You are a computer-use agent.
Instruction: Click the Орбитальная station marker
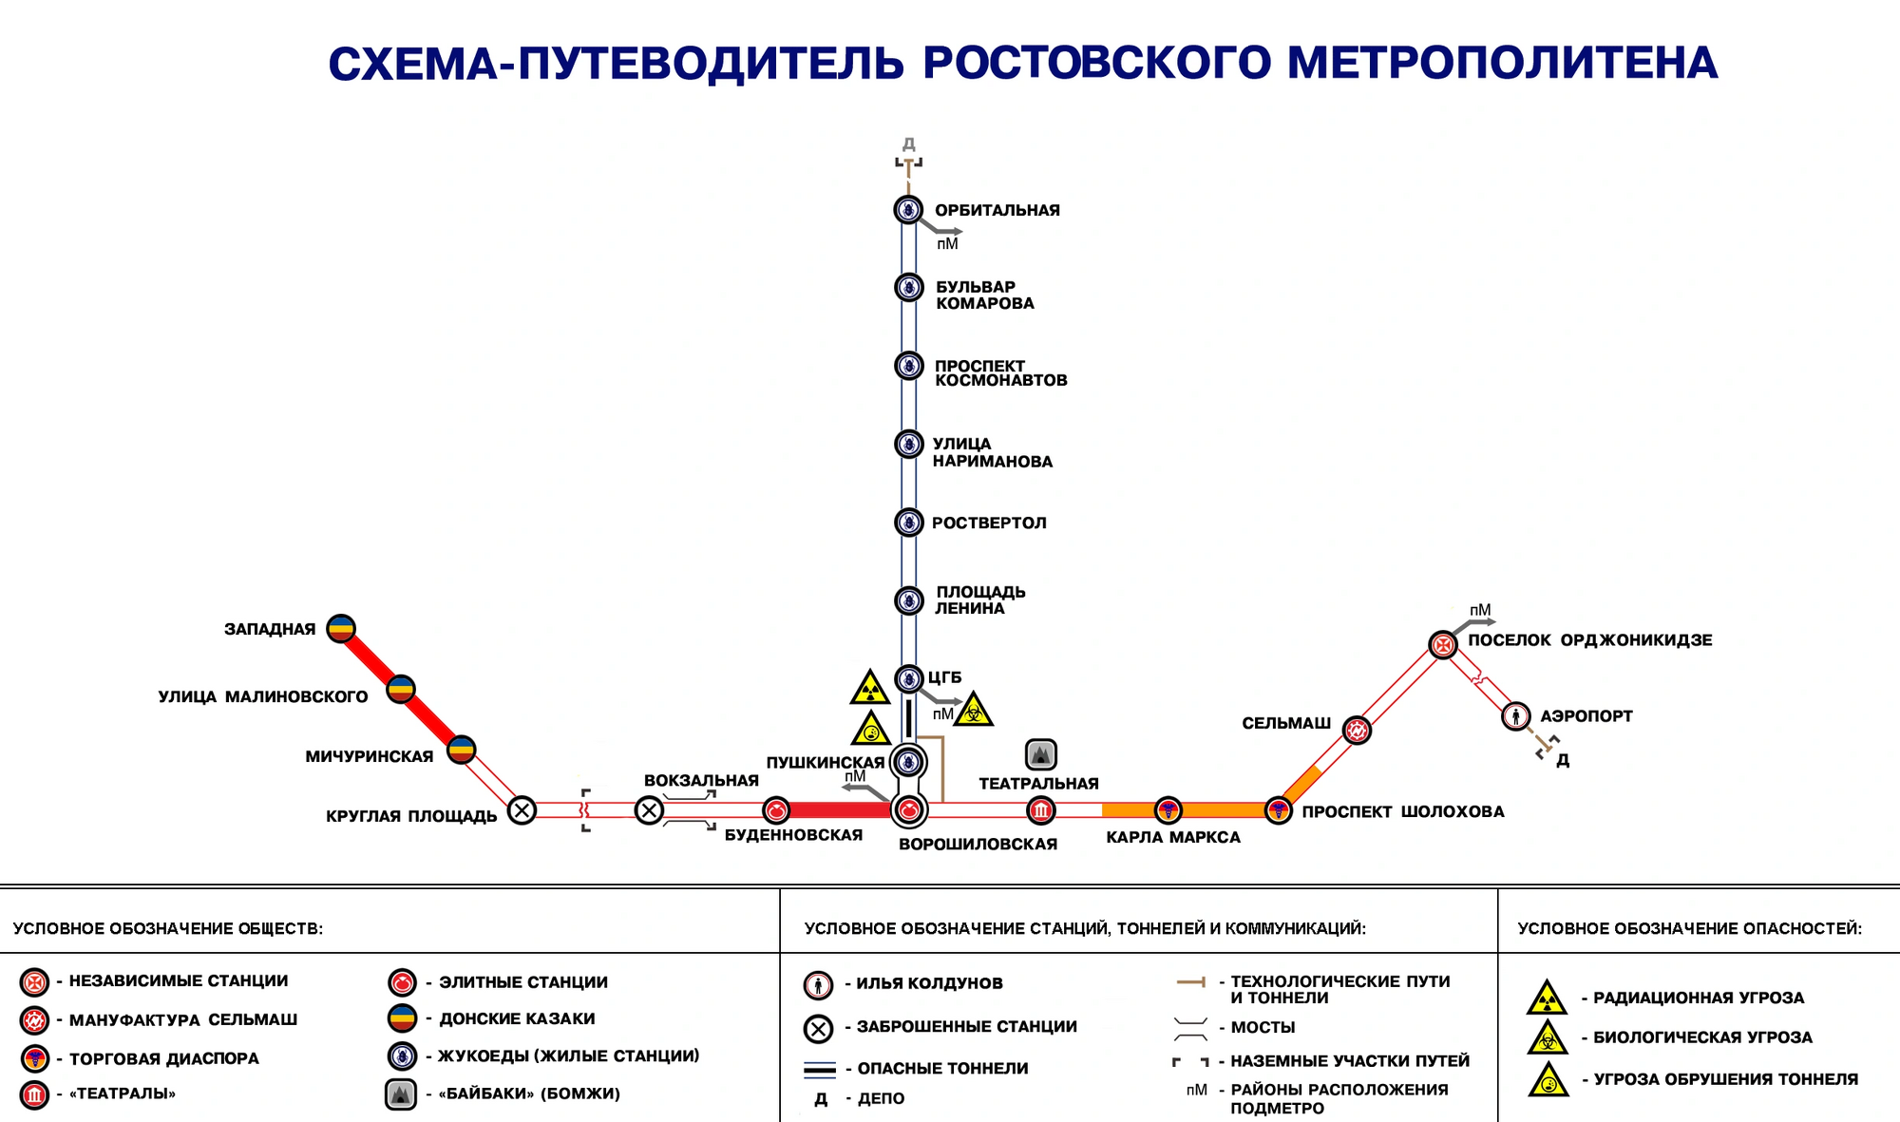(908, 209)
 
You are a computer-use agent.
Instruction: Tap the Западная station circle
(341, 628)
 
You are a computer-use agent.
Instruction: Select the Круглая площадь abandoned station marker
(522, 810)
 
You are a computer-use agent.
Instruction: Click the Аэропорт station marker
(1515, 715)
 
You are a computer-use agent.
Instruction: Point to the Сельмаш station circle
(1357, 730)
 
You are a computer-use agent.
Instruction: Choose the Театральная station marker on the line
(1041, 810)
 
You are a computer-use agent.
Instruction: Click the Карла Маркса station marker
(1168, 810)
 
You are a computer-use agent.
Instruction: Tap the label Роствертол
(989, 523)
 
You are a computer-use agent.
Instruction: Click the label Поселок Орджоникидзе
(1589, 640)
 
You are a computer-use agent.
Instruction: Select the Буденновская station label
(793, 835)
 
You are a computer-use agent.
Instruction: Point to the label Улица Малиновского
(263, 696)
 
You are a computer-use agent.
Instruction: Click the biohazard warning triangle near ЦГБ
(974, 711)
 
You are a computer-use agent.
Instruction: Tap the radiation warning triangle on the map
(869, 689)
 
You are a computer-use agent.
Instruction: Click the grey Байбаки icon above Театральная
(1041, 755)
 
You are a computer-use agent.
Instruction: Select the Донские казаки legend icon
(403, 1018)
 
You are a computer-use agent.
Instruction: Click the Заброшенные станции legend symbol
(818, 1028)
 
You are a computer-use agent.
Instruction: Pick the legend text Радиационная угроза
(1699, 998)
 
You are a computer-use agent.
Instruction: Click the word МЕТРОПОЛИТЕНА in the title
(1502, 64)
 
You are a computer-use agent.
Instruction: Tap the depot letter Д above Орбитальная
(908, 144)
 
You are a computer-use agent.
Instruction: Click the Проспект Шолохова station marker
(1279, 810)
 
